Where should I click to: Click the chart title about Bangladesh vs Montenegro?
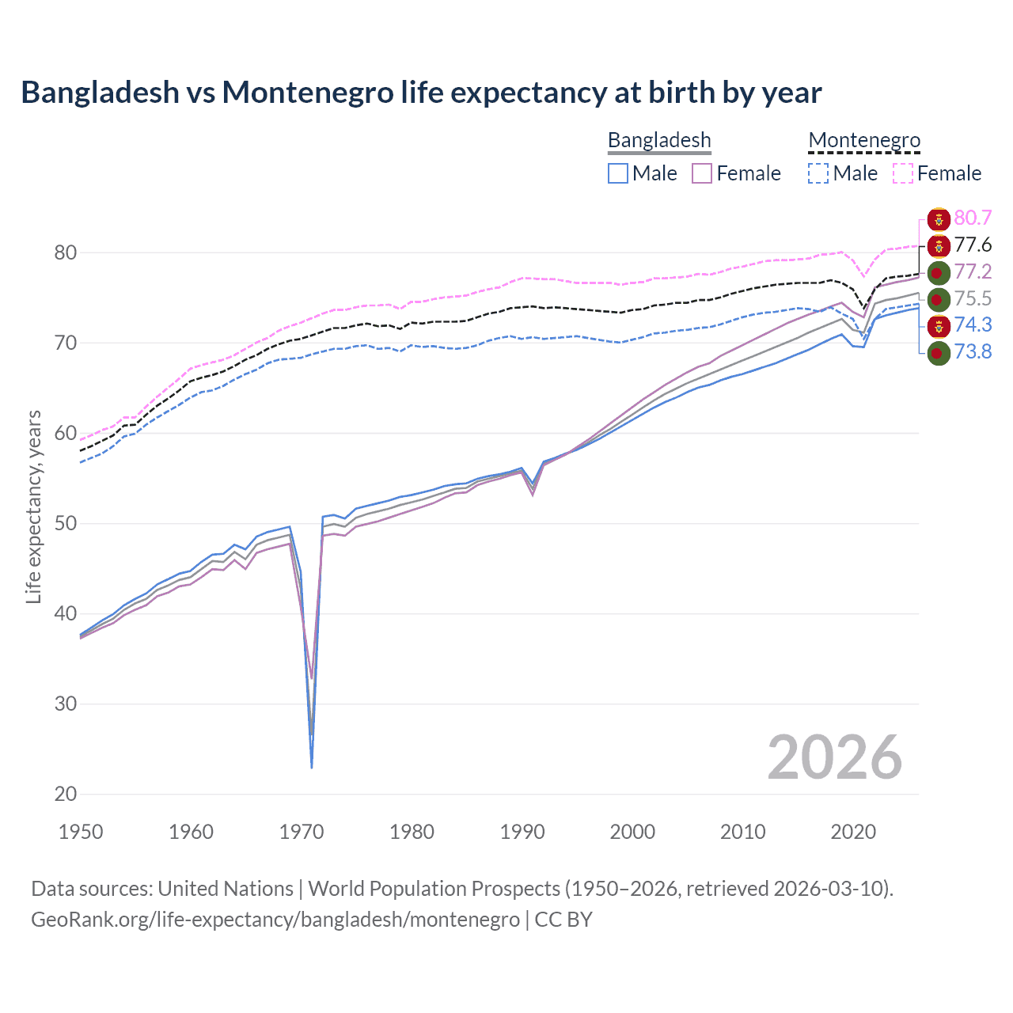(x=421, y=93)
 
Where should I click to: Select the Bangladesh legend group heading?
(x=659, y=140)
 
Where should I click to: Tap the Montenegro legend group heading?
(x=864, y=140)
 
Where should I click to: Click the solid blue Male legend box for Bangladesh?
(x=618, y=173)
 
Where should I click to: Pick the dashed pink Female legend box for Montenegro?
(x=903, y=173)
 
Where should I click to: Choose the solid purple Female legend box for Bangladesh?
(x=702, y=173)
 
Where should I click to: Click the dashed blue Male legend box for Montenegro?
(x=818, y=173)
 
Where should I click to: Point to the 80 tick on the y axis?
(x=66, y=253)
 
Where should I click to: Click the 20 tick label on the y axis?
(x=66, y=794)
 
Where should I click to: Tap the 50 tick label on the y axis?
(x=66, y=524)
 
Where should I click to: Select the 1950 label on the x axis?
(x=81, y=832)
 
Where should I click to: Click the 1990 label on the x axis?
(x=522, y=832)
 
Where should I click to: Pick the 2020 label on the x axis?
(x=853, y=832)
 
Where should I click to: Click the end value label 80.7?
(x=973, y=218)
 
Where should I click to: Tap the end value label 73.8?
(x=973, y=352)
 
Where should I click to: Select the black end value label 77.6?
(x=973, y=245)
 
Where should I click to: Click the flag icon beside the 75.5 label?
(x=938, y=299)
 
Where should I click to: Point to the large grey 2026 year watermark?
(x=834, y=757)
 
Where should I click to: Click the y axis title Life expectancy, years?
(x=33, y=506)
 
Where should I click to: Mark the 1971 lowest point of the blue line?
(x=312, y=767)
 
